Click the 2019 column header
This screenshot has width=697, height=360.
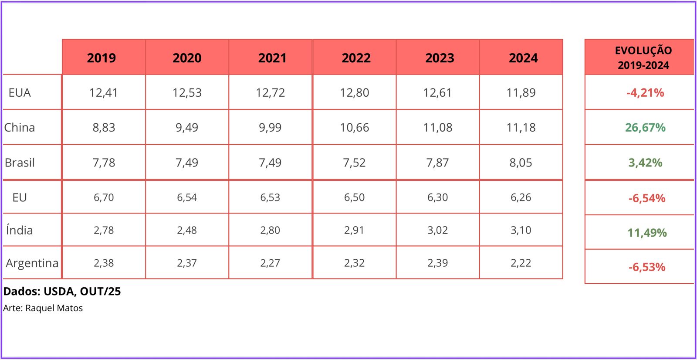click(102, 58)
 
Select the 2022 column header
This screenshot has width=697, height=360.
click(356, 58)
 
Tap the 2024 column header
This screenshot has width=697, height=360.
click(523, 58)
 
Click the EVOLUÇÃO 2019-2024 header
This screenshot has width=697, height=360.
click(643, 58)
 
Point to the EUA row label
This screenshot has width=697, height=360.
click(20, 93)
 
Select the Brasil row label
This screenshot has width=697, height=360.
click(20, 163)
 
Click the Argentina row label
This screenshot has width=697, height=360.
click(32, 263)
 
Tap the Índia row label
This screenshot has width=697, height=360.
click(20, 230)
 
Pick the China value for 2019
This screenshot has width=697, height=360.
click(104, 128)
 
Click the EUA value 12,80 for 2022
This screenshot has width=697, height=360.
click(354, 93)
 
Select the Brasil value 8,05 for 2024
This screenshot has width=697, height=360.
click(521, 163)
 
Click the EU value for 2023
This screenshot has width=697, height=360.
click(437, 197)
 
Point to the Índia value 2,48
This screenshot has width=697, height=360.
click(187, 230)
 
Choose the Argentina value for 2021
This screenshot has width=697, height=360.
click(270, 263)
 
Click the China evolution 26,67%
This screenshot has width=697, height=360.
click(645, 128)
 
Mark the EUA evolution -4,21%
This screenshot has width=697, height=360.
click(645, 93)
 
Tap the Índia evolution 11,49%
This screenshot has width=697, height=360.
click(647, 233)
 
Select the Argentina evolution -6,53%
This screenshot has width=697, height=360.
click(647, 267)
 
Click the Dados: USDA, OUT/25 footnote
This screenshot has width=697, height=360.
click(62, 292)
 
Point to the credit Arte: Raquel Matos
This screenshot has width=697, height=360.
click(43, 308)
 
